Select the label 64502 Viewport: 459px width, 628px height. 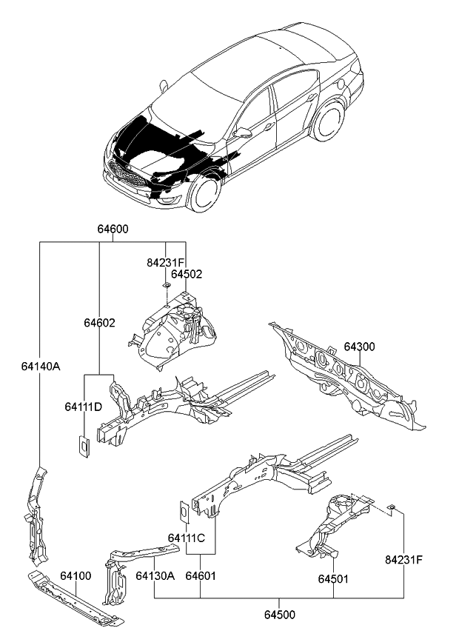point(185,274)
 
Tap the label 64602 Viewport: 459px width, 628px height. point(98,323)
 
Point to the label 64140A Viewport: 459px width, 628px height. point(40,365)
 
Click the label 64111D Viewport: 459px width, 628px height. point(83,407)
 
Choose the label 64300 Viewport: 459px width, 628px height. point(359,347)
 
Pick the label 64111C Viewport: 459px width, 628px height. point(186,538)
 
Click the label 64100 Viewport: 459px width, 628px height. point(76,575)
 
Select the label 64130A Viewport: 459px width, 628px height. point(155,575)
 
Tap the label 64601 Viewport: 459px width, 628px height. point(201,575)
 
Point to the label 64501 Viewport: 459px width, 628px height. point(333,578)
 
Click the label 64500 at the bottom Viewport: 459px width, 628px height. point(278,615)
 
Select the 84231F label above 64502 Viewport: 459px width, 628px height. point(165,262)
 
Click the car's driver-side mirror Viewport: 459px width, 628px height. point(243,132)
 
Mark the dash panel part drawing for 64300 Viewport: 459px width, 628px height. point(348,378)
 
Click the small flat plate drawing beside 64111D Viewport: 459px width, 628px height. point(84,446)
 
